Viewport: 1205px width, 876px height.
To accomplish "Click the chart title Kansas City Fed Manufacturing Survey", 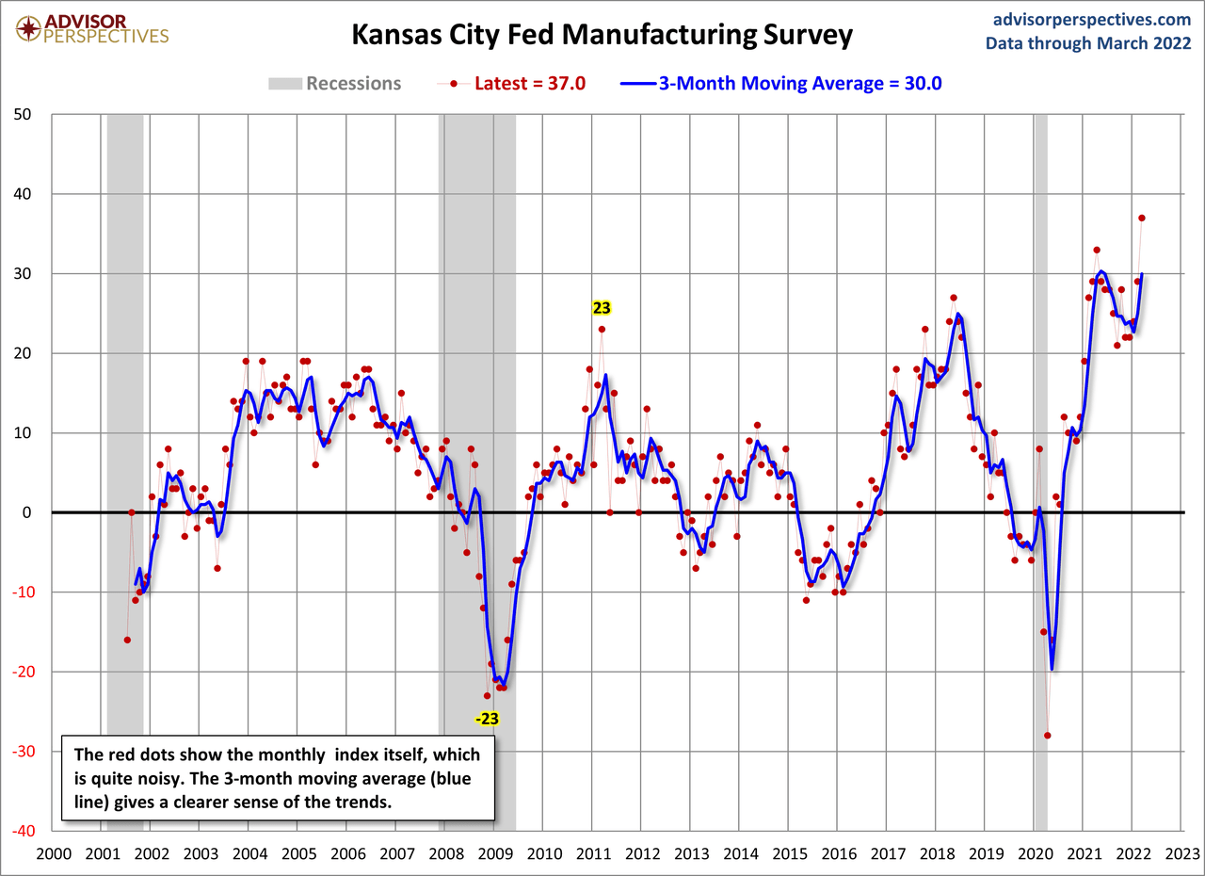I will tap(602, 35).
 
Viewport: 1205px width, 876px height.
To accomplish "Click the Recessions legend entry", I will tap(334, 83).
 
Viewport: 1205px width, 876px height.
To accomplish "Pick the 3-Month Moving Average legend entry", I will tap(780, 83).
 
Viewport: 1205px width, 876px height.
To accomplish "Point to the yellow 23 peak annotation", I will tap(601, 307).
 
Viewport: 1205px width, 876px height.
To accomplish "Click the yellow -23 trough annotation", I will tap(487, 719).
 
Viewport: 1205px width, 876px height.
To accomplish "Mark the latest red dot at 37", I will tap(1142, 218).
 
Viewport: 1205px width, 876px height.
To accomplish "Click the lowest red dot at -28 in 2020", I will tap(1047, 736).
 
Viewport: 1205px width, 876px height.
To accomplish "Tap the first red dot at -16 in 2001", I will tap(127, 640).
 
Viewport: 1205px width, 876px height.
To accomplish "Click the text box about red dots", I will tap(278, 779).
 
